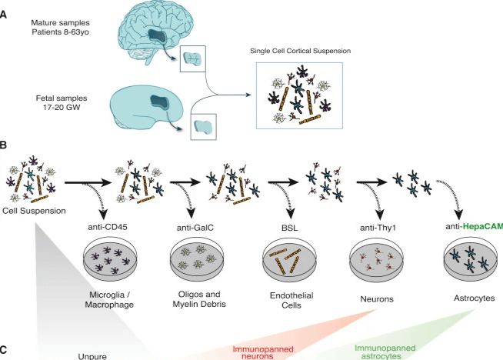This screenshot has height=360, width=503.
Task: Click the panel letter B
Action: coord(5,145)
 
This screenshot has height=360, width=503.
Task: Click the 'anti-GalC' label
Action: coord(198,226)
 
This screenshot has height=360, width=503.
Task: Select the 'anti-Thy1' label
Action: coord(377,226)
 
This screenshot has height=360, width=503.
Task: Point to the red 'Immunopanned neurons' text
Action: coord(264,352)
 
